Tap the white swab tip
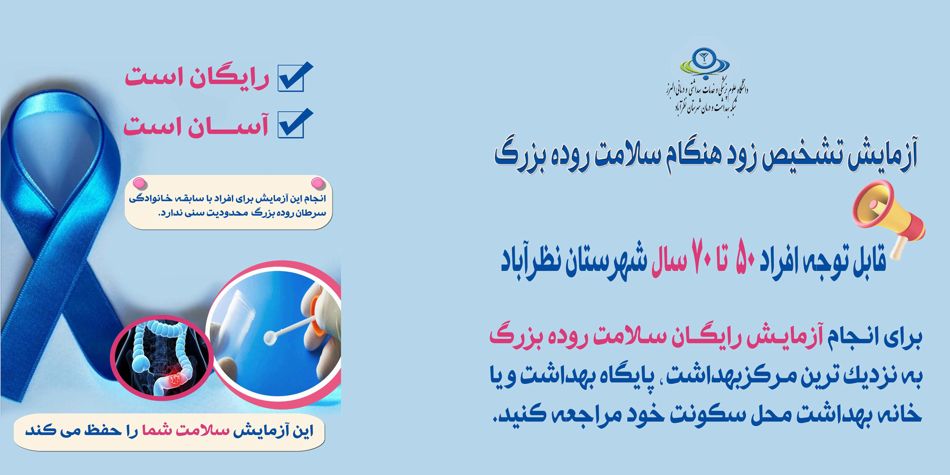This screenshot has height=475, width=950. point(270,337)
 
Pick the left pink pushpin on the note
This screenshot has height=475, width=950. point(139,183)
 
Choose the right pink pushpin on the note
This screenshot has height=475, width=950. point(317,183)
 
